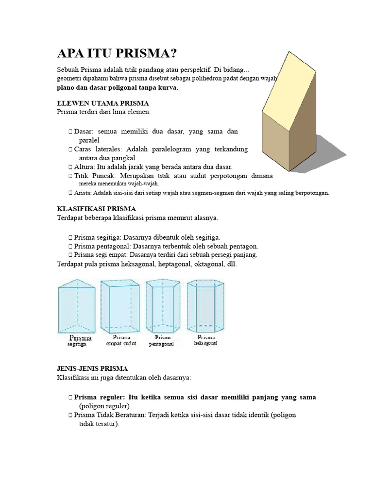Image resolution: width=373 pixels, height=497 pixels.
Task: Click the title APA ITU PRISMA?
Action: [117, 53]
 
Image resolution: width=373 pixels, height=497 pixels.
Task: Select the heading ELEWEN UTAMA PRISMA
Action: [103, 103]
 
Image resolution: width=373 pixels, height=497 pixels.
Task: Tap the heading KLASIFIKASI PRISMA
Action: [97, 209]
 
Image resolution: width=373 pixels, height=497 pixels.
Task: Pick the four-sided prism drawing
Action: [120, 305]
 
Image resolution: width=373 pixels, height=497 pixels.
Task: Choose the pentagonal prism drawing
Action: [163, 305]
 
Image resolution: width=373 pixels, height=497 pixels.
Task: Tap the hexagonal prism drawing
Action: [206, 305]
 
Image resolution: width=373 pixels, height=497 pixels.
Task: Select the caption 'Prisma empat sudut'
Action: [121, 340]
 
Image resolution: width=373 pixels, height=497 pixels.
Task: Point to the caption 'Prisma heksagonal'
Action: [206, 340]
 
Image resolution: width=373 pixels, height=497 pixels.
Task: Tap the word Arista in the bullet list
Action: [84, 193]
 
